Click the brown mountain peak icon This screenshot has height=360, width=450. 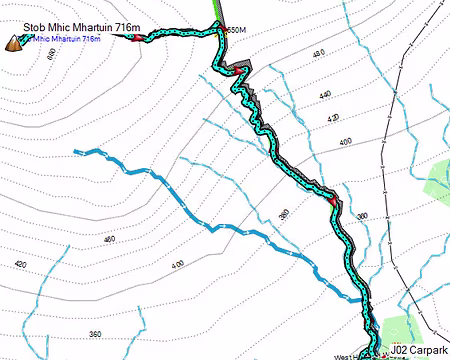click(15, 42)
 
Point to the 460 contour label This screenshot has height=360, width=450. click(109, 238)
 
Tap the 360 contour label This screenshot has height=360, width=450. click(95, 333)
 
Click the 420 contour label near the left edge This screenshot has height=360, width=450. click(20, 264)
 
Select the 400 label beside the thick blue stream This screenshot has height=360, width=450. click(178, 263)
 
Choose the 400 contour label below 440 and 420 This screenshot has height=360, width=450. click(346, 143)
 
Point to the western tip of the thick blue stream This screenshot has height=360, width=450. click(77, 151)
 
